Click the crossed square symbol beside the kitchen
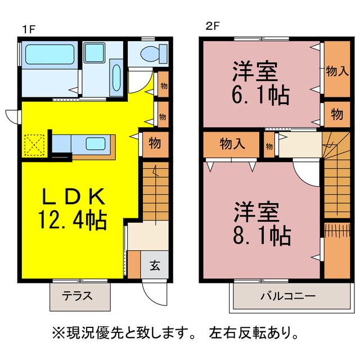(33, 146)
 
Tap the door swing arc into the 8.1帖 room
(307, 174)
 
